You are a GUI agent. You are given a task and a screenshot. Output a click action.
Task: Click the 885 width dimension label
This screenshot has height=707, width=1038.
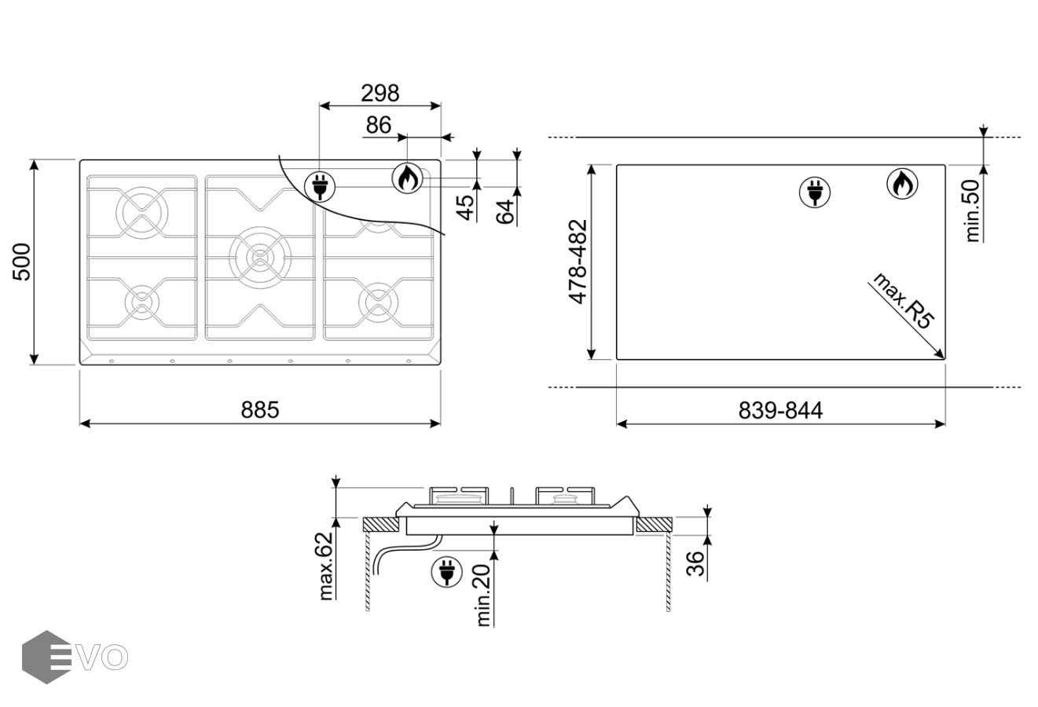click(x=260, y=410)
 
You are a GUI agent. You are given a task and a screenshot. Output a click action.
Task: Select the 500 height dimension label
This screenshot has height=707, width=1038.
click(x=21, y=262)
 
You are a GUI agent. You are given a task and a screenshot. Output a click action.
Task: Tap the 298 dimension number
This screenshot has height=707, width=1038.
click(x=380, y=93)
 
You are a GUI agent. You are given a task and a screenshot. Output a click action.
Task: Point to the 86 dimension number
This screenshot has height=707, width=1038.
click(x=379, y=125)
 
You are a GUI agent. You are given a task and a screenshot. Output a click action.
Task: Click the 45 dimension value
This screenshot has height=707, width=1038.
click(x=466, y=207)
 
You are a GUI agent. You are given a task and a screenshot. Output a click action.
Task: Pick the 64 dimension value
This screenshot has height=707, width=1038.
click(x=505, y=212)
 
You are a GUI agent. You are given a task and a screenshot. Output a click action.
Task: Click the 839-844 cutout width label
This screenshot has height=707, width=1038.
click(x=780, y=411)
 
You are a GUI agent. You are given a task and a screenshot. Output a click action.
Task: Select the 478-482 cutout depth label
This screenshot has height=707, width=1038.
click(x=578, y=262)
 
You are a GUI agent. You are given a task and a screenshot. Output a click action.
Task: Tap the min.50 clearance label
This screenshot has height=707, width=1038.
click(x=972, y=211)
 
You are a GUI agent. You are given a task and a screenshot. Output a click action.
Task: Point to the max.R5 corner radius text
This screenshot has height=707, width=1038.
click(x=903, y=302)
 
